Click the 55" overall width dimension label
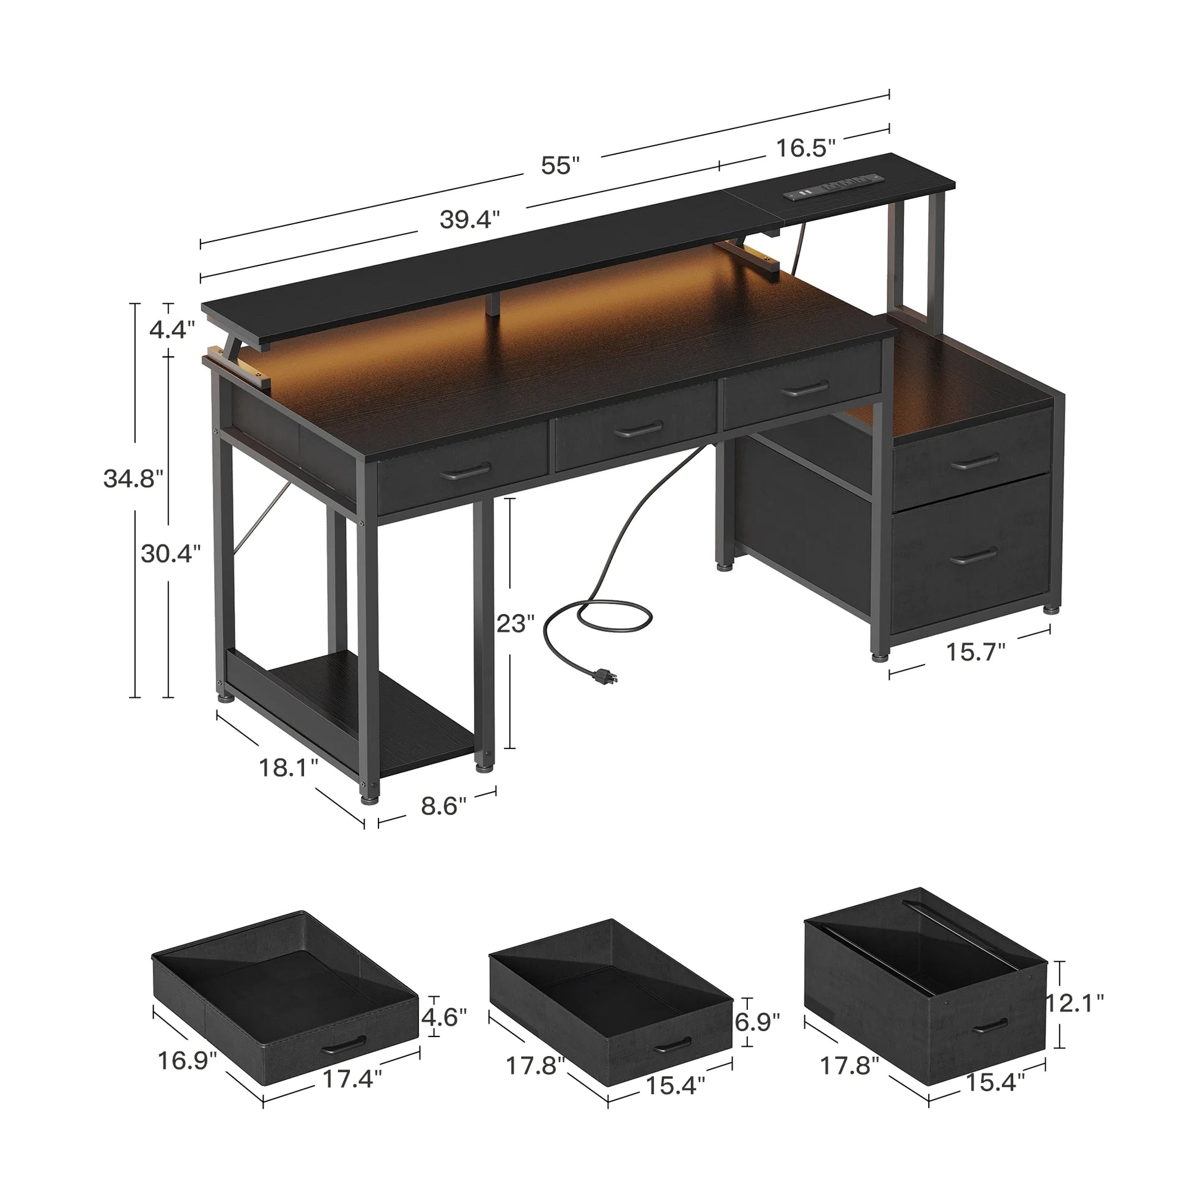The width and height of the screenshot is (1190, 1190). (560, 165)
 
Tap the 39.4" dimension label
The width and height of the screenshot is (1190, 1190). (470, 219)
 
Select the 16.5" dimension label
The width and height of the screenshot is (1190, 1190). (805, 148)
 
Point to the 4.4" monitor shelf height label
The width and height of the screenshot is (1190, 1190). (172, 330)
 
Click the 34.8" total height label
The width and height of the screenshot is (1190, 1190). (133, 478)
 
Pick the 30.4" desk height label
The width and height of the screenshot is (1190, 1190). (171, 554)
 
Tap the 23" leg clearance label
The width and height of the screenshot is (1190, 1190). (516, 623)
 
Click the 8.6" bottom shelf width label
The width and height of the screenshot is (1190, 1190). (443, 805)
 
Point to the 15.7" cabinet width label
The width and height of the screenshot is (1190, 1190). (975, 652)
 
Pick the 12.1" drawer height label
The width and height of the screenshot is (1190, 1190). (1075, 1003)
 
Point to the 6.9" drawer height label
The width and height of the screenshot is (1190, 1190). (757, 1022)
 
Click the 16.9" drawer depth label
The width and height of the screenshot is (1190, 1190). (187, 1060)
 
